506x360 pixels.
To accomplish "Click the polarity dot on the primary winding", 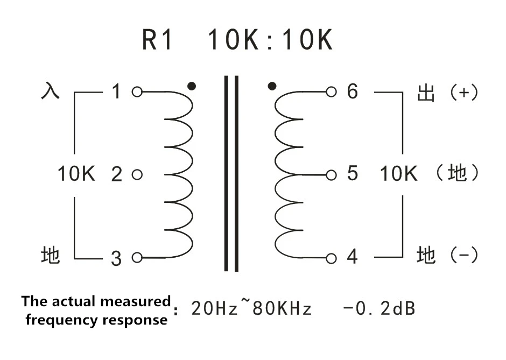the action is click(192, 86).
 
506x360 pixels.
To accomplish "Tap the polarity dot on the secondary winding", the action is click(272, 86).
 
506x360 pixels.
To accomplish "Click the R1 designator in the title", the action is click(157, 40).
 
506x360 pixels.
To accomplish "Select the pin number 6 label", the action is click(353, 91).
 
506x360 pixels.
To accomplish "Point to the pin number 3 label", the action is click(116, 258).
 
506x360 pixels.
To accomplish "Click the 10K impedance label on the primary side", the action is click(76, 174).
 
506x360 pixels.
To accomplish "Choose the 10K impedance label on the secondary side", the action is click(399, 174).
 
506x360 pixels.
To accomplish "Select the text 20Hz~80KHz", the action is click(251, 307).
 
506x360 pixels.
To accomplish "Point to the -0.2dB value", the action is click(379, 308).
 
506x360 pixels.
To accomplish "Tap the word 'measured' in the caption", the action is click(136, 301).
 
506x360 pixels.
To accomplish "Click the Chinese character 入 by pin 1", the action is click(51, 90).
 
